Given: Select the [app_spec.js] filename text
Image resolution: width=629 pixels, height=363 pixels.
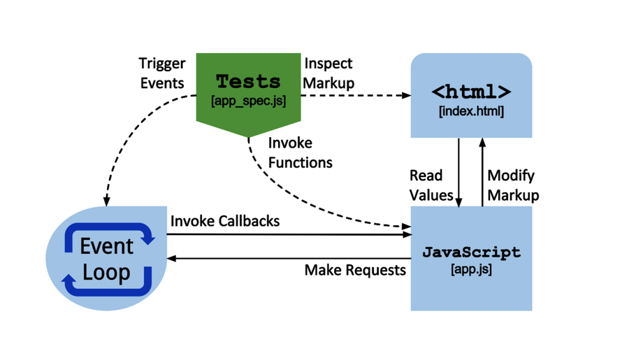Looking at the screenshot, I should point(248,101).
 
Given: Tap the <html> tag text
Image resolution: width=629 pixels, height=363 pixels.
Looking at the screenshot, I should point(471,92).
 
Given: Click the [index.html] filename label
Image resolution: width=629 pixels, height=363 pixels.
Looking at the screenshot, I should point(471,111).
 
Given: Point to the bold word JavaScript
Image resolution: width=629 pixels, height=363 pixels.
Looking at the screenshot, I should point(471,252).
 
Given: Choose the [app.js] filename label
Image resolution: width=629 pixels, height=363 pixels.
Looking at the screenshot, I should point(471,269).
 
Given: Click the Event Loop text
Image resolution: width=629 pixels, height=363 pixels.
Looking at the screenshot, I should point(106,259).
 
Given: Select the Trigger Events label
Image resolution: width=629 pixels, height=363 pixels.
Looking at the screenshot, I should point(162,73).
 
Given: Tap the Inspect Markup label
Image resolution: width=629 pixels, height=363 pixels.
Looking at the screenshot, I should point(329,73).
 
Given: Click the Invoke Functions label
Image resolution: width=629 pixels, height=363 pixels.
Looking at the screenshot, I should point(300,152).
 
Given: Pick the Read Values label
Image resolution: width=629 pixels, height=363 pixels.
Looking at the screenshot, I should point(431,185).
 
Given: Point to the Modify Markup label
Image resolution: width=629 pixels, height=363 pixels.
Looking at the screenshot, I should point(513,185).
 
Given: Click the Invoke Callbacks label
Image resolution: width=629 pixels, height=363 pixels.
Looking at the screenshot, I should point(225,221).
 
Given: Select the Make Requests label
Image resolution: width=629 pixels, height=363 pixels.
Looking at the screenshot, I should point(355,269).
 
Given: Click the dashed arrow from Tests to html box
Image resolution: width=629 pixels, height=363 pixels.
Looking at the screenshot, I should point(356,95).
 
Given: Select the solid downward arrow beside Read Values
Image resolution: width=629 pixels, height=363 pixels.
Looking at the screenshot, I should point(459,172).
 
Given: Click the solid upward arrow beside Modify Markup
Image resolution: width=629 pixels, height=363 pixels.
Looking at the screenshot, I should point(482,172).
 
